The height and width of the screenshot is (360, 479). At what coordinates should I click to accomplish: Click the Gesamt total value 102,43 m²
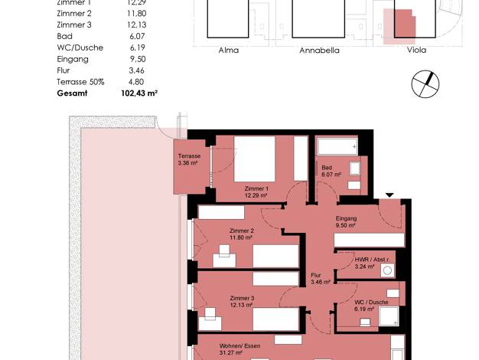(x=139, y=93)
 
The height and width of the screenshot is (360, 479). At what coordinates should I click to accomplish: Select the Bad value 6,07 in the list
(x=137, y=36)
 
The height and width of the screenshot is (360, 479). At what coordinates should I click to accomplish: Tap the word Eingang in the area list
(x=73, y=59)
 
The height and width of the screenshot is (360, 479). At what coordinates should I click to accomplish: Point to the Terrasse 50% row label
(x=80, y=82)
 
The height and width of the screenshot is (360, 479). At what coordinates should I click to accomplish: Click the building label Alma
(x=229, y=50)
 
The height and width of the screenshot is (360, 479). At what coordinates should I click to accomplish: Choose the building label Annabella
(x=319, y=50)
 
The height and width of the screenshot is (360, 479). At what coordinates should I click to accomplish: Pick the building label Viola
(x=416, y=50)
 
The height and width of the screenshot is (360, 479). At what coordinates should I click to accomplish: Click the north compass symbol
(x=425, y=84)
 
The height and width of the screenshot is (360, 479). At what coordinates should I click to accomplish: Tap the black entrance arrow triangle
(x=389, y=195)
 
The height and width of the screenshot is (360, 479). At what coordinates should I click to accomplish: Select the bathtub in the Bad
(x=337, y=146)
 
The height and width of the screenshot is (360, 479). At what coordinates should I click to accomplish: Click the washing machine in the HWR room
(x=387, y=270)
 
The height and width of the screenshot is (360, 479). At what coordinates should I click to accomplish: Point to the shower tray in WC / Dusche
(x=389, y=316)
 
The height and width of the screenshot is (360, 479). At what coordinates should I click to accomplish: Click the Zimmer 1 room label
(x=256, y=188)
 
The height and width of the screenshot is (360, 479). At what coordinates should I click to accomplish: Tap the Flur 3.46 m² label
(x=321, y=278)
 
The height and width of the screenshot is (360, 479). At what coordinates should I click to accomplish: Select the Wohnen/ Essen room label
(x=239, y=346)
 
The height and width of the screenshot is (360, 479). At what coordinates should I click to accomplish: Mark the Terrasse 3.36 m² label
(x=189, y=159)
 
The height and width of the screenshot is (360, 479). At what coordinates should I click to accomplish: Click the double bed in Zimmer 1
(x=255, y=159)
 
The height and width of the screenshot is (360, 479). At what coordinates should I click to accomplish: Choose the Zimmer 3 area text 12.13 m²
(x=241, y=305)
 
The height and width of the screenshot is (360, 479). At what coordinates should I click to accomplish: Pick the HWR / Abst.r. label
(x=372, y=260)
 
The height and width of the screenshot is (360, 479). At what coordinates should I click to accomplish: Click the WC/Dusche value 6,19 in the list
(x=137, y=47)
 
